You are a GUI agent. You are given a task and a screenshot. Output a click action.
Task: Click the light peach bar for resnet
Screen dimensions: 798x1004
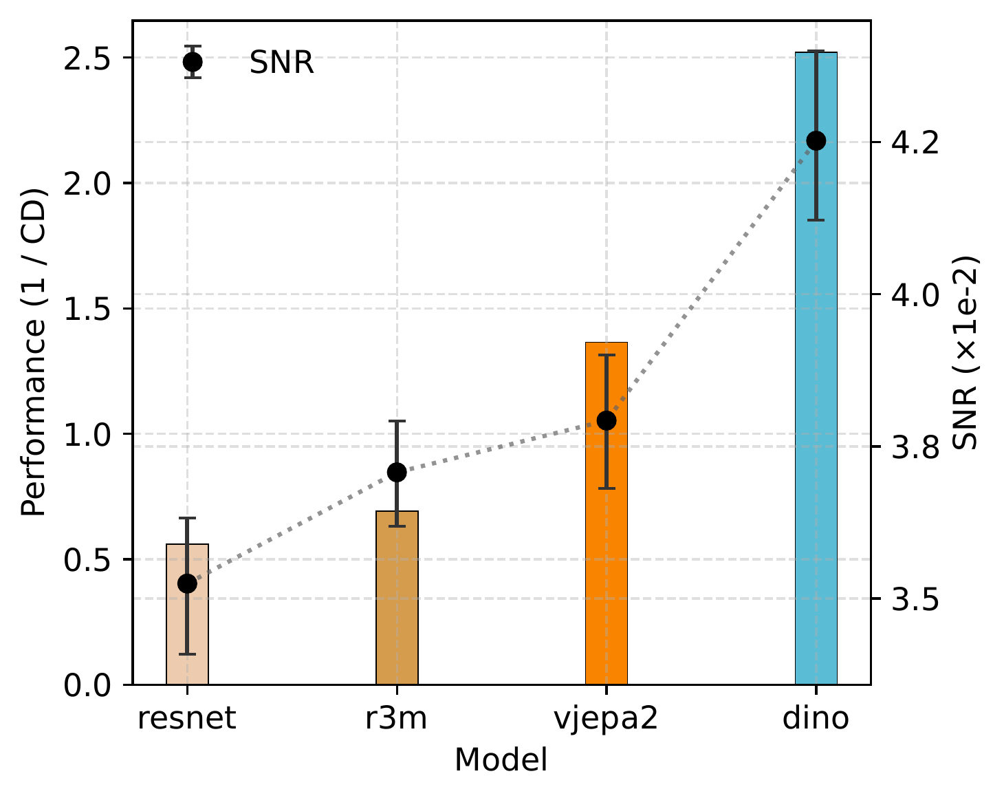click(187, 633)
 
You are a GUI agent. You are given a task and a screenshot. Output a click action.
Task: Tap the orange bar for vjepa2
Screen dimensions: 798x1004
click(607, 550)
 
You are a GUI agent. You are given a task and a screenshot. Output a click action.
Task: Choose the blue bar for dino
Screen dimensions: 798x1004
click(816, 413)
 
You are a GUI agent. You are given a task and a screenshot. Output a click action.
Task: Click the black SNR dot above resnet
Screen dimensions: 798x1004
click(187, 583)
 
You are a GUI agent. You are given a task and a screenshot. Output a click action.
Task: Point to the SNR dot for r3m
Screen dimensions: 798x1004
click(397, 473)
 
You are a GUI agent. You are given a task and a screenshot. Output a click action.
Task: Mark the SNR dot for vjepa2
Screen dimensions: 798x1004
click(607, 420)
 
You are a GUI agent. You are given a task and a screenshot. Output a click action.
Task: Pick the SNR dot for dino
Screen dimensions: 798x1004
click(816, 141)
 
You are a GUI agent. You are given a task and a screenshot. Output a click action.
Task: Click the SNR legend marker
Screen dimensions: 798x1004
click(193, 62)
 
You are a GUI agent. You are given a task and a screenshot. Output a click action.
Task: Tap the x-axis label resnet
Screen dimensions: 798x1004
click(187, 719)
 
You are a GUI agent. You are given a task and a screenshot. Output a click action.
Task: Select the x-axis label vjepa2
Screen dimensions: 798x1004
click(607, 719)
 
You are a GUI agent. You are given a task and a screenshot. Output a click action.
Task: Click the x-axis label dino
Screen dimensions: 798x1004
click(816, 719)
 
